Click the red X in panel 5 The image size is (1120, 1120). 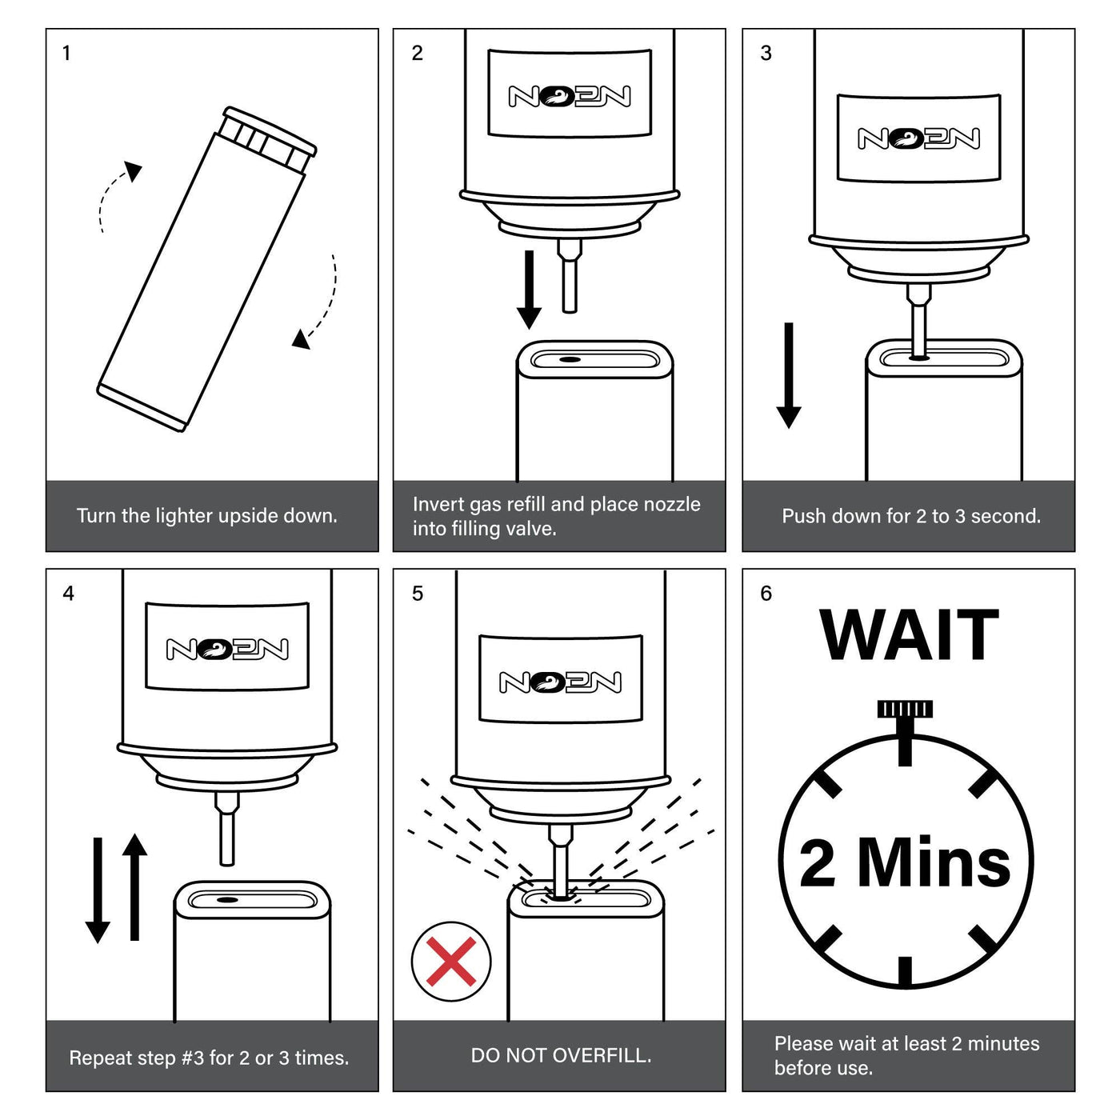(450, 960)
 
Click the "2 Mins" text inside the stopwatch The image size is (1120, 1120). (905, 862)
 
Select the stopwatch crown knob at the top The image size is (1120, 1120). (905, 709)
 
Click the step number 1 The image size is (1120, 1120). (66, 53)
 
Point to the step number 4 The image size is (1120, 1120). (69, 594)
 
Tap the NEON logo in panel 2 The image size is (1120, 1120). (570, 97)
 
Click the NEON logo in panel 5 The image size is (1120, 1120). (560, 682)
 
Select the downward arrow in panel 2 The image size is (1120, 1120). (529, 290)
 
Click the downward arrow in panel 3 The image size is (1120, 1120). (789, 375)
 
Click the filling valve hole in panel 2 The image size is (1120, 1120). (570, 360)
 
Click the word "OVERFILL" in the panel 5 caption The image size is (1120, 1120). (602, 1055)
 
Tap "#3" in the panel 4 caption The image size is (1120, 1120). (193, 1058)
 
